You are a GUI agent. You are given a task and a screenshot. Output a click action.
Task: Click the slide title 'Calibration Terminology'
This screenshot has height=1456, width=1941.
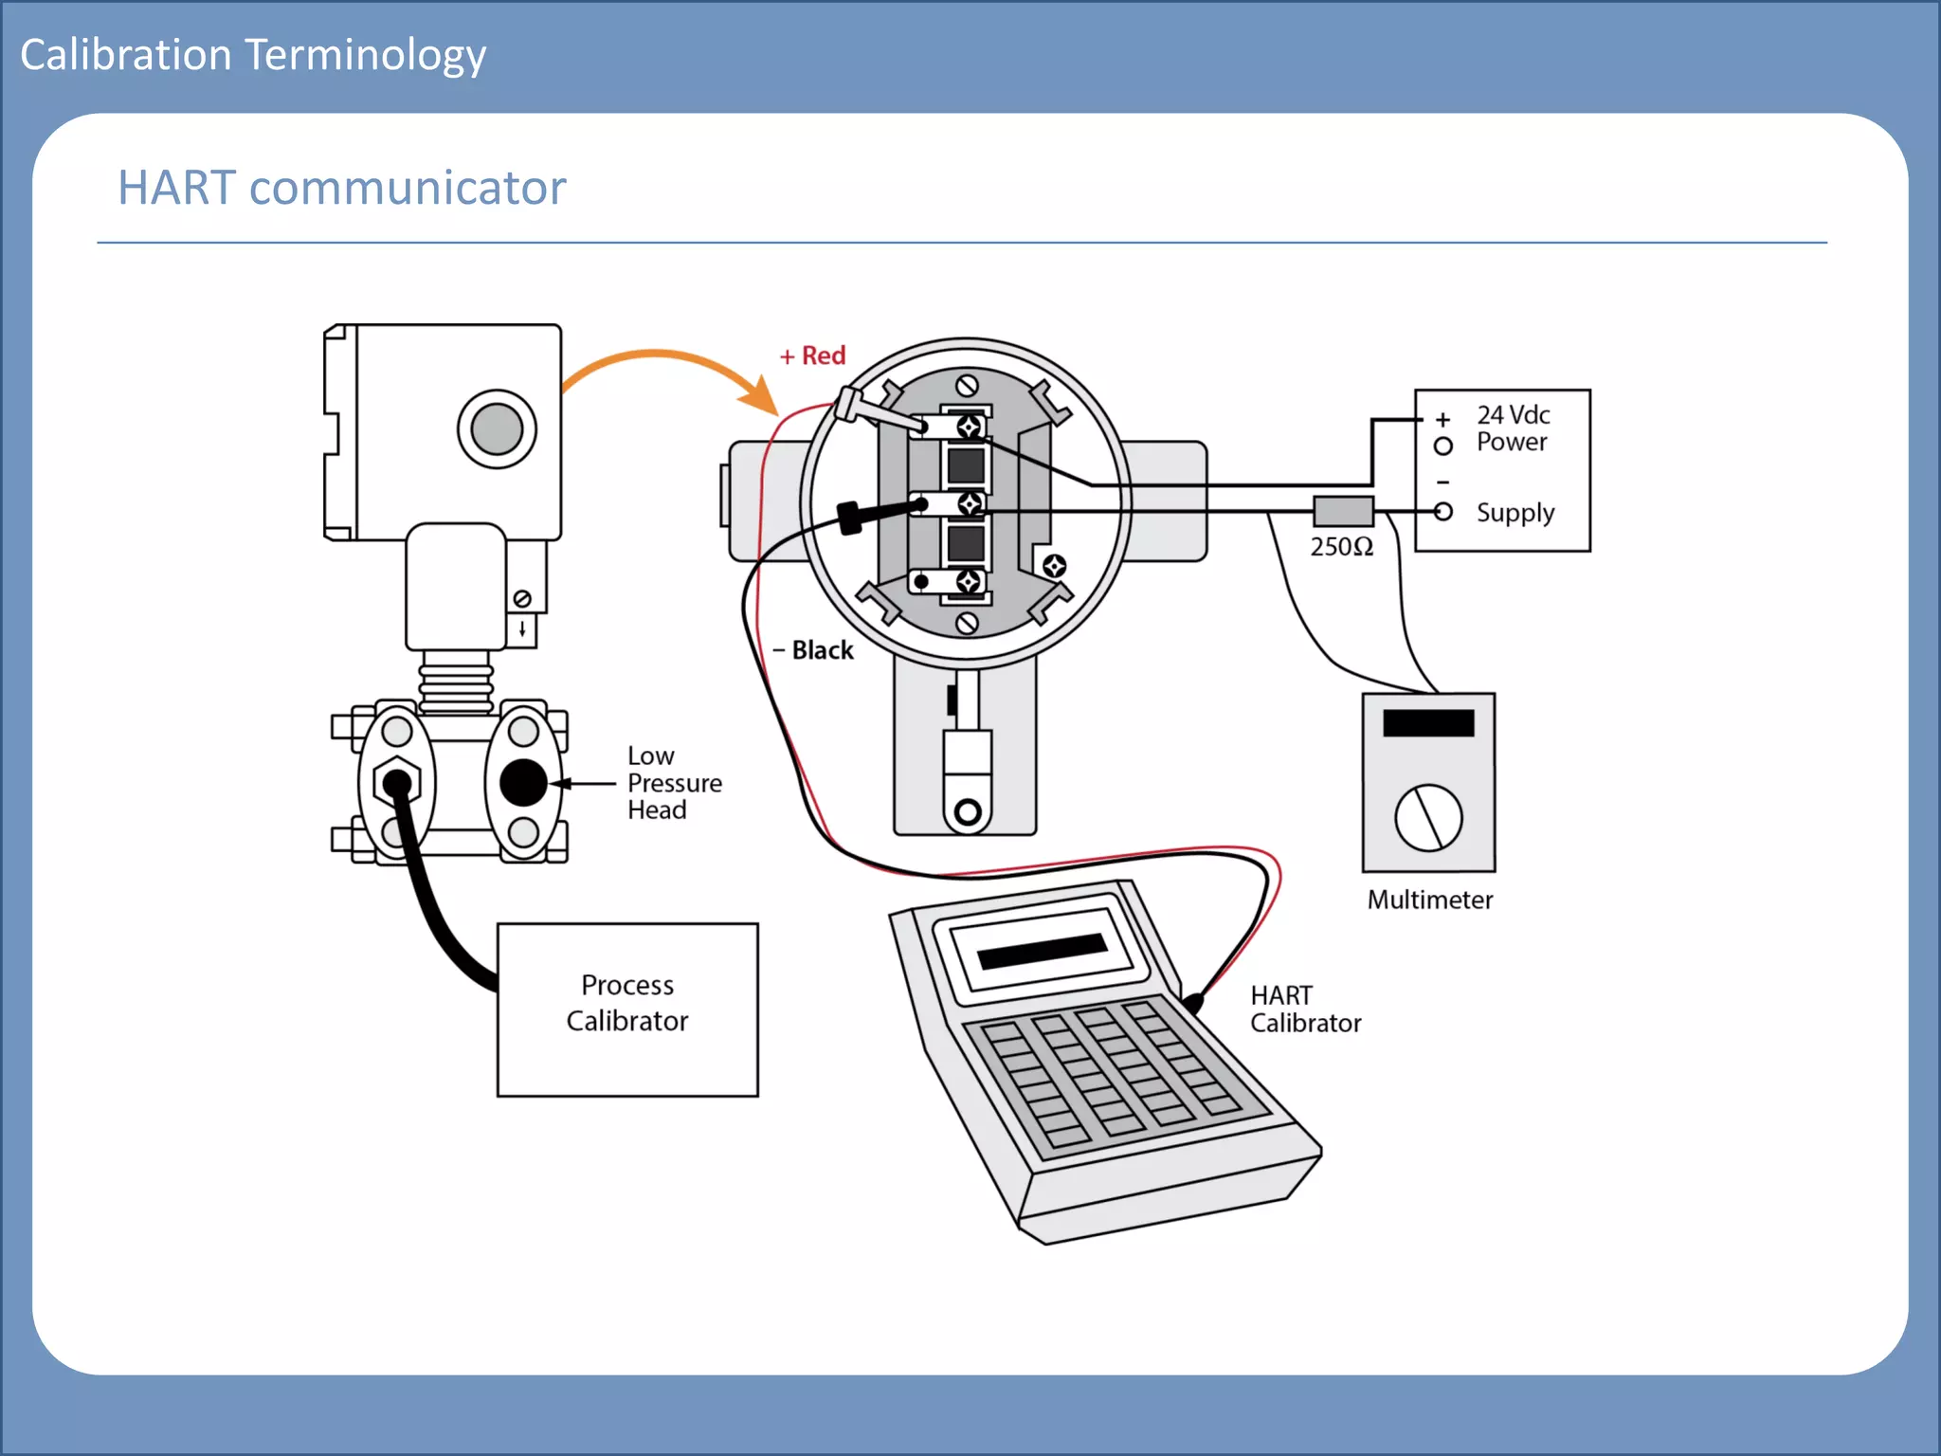(x=253, y=55)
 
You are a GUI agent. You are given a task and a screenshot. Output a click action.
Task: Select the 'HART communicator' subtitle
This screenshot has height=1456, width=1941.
(x=341, y=188)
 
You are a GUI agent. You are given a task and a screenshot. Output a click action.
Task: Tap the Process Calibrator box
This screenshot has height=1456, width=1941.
(x=627, y=1009)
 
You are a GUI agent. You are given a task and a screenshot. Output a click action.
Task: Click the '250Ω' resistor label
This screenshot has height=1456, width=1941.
(x=1341, y=547)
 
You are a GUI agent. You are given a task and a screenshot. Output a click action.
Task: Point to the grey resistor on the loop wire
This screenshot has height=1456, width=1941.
(x=1343, y=511)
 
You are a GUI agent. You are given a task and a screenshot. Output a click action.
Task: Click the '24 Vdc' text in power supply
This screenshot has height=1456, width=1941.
(x=1513, y=414)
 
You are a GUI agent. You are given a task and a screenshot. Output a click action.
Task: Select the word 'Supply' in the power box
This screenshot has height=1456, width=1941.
(x=1515, y=513)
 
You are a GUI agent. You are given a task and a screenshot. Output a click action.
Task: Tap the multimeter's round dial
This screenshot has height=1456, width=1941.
(x=1428, y=817)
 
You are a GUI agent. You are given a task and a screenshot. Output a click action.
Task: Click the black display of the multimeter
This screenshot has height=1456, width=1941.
(x=1428, y=723)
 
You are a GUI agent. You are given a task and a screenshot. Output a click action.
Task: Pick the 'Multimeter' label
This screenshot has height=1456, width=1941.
(x=1429, y=900)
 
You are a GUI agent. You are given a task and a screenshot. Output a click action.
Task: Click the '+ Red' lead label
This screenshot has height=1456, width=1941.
(x=812, y=355)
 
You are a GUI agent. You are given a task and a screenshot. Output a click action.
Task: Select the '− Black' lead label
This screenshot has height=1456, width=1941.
(x=813, y=650)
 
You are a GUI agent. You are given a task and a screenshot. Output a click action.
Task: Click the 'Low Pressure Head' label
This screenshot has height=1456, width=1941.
(x=674, y=783)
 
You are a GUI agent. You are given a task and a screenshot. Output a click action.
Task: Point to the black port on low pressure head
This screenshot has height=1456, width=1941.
(x=523, y=783)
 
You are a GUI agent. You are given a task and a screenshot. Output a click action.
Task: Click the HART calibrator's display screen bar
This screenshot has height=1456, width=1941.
(x=1043, y=951)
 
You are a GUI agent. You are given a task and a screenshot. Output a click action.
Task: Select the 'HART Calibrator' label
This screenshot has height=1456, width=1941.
(x=1304, y=1009)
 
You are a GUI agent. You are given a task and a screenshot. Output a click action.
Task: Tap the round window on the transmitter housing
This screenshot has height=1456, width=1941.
(x=497, y=428)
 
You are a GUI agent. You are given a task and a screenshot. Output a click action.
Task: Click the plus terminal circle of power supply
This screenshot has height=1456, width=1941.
(x=1442, y=446)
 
